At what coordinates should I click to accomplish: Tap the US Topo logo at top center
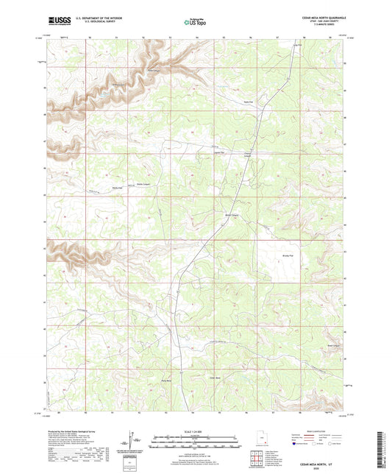pyautogui.click(x=196, y=22)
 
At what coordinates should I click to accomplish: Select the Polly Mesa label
pyautogui.click(x=177, y=381)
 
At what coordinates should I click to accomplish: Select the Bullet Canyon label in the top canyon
pyautogui.click(x=154, y=71)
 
